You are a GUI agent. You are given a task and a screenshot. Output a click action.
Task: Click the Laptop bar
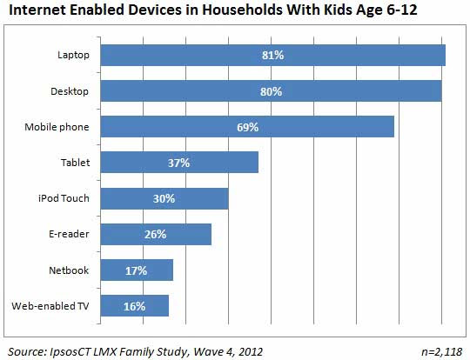pos(272,55)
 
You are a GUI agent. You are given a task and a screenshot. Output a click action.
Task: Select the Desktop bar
pos(271,91)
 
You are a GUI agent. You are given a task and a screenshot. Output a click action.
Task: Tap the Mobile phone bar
pos(247,127)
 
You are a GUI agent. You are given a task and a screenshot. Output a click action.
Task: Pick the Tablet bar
pos(179,163)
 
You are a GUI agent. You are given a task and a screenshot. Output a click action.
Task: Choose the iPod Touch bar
pos(164,198)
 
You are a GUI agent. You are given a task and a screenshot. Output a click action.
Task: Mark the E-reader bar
pos(156,234)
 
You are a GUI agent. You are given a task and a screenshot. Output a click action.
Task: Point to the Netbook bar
pos(137,270)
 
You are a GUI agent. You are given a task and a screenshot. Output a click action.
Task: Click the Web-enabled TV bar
pos(135,306)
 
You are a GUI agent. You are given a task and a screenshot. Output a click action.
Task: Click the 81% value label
pos(272,55)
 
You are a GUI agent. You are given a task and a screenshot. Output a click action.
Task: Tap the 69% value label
pos(247,127)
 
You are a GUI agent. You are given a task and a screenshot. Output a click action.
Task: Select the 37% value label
pos(179,163)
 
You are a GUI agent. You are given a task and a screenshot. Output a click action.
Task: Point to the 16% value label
pos(135,306)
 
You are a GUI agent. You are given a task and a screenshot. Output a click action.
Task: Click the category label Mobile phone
pos(57,127)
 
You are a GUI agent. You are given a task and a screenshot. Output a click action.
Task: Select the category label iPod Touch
pos(64,198)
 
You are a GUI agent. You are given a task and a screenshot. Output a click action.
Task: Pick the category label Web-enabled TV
pos(50,306)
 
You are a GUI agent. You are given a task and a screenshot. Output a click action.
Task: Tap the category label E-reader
pos(69,234)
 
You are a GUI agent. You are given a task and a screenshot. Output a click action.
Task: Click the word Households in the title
pos(242,10)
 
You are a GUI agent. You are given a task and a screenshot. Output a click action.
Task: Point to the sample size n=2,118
pos(442,352)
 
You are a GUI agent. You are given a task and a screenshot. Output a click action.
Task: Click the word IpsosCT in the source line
pos(70,351)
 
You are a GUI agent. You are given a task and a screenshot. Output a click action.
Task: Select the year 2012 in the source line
pos(250,351)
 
